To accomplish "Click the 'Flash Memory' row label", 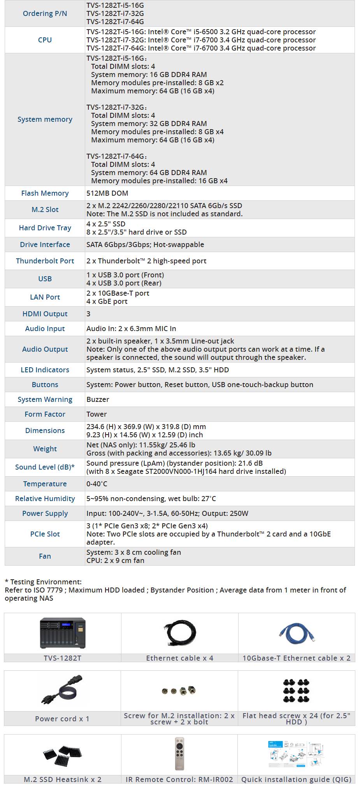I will [45, 193].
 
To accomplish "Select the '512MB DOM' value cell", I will [107, 193].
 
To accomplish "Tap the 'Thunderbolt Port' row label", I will [45, 261].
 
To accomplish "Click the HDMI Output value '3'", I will [88, 314].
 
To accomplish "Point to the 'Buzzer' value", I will [98, 400].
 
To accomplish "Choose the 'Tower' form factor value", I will [97, 414].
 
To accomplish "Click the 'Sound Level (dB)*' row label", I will [45, 467].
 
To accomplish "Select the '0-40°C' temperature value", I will [97, 484].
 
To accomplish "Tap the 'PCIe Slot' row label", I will [45, 534].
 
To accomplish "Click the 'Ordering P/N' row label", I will [45, 14].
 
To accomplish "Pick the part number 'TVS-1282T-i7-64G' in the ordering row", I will [115, 22].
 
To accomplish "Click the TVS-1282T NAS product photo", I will [63, 633].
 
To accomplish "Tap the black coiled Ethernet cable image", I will [179, 633].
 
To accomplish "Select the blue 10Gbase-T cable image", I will [297, 633].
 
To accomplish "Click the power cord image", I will [62, 691].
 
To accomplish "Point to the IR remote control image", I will [179, 754].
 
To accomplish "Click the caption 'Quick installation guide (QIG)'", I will [296, 779].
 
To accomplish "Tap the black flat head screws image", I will [296, 691].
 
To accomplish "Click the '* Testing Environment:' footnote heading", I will [43, 582].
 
